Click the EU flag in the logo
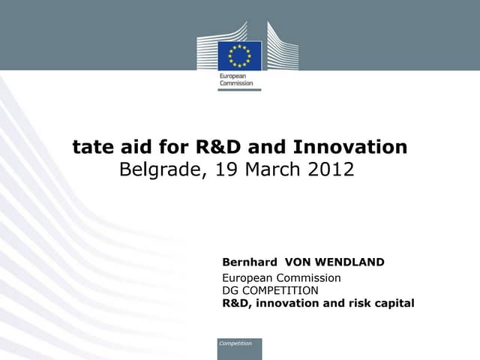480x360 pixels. pos(239,55)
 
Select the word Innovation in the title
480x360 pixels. pos(349,147)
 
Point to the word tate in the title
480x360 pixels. pos(90,147)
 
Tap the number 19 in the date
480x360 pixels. pos(225,169)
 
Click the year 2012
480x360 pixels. pos(330,169)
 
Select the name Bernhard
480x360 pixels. pos(250,262)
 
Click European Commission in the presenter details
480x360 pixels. pos(281,277)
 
